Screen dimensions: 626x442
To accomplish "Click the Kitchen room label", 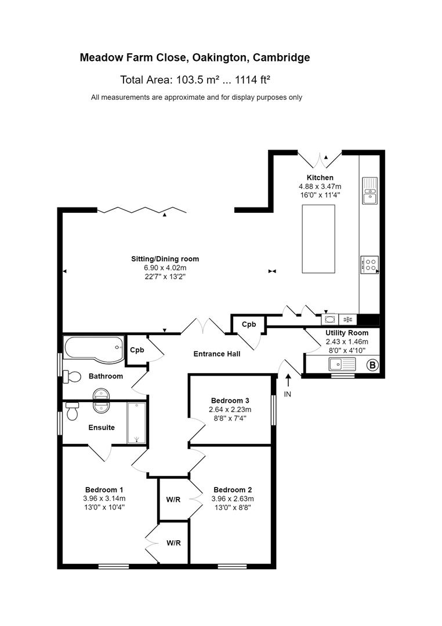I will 320,177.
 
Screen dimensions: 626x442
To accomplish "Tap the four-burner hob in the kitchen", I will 369,264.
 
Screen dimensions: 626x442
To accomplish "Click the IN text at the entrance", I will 288,394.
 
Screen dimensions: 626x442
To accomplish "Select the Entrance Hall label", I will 216,354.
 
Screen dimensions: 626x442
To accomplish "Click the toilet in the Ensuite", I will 72,412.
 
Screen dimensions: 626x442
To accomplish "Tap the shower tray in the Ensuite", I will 137,422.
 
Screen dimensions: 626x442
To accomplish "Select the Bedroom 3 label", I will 230,401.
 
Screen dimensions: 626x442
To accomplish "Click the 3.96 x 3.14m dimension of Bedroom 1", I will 104,498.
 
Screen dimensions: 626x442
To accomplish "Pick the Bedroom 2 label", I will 232,489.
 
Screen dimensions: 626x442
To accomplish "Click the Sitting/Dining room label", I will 165,259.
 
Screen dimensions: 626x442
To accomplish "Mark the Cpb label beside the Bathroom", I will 137,350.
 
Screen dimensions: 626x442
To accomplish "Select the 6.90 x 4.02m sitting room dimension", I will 165,268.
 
